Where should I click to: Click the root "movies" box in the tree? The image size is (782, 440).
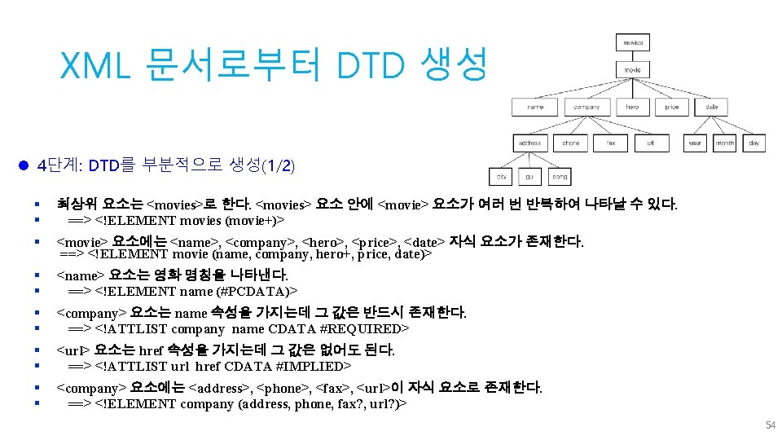coord(633,42)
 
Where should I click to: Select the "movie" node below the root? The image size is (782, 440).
coord(633,70)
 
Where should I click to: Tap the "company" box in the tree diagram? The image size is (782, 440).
coord(586,107)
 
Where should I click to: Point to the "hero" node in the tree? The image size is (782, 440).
coord(633,107)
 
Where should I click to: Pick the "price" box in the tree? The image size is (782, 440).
coord(672,107)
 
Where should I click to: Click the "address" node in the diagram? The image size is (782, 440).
coord(530,143)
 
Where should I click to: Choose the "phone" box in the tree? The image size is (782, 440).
coord(571,143)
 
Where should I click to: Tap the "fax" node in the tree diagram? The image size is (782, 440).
coord(611,143)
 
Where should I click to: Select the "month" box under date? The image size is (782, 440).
coord(724,143)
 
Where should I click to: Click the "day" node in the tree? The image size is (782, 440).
coord(754,143)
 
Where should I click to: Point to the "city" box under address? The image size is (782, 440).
coord(502,176)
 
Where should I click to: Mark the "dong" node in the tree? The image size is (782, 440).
coord(560,176)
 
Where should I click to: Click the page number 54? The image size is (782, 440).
coord(770,425)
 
